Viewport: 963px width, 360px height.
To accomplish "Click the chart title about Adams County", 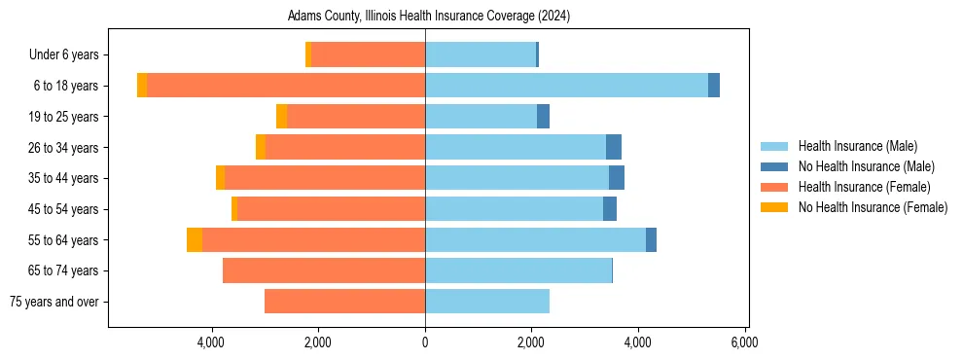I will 428,17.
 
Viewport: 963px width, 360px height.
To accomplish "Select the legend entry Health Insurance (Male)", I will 857,146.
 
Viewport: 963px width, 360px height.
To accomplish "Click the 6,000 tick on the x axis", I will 744,342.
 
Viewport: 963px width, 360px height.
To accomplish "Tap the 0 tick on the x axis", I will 425,342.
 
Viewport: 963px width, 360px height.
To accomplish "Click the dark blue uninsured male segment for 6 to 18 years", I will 714,86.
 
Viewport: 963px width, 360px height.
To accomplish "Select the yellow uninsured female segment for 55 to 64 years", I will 195,239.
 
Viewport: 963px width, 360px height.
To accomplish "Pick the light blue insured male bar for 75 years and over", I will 487,302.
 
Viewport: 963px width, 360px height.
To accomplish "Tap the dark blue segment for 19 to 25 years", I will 543,117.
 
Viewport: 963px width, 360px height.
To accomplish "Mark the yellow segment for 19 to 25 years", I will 281,117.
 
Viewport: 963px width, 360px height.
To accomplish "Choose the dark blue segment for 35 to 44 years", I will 617,178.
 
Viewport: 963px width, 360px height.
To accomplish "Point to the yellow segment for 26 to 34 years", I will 261,147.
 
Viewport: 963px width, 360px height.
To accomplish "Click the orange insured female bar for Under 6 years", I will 368,55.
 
